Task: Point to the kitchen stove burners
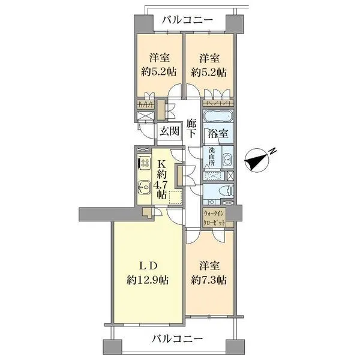(145, 163)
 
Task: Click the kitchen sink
(145, 187)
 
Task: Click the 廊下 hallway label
(191, 128)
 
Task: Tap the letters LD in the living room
(148, 264)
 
